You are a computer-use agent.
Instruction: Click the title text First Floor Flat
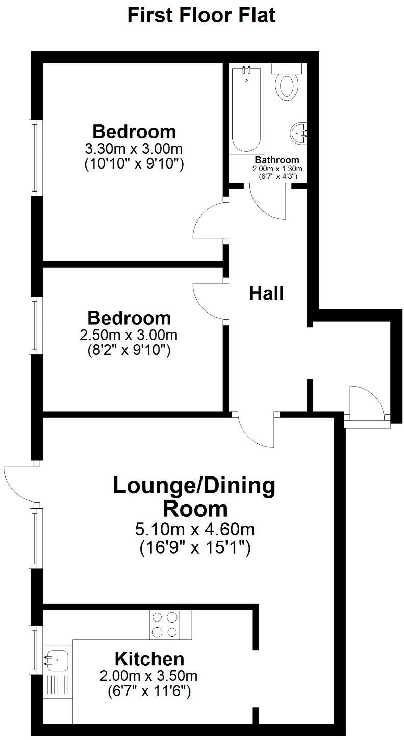click(201, 15)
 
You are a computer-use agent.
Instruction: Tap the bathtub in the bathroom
click(246, 109)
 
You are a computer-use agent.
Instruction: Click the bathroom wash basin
click(299, 134)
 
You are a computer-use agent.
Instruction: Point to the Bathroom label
click(277, 160)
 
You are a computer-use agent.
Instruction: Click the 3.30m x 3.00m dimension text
click(134, 149)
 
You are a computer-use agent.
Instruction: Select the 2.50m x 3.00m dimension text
click(129, 336)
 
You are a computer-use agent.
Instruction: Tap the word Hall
click(266, 294)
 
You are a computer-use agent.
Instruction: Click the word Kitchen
click(149, 658)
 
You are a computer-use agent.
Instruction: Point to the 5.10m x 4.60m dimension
click(195, 529)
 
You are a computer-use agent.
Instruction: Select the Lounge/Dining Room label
click(194, 497)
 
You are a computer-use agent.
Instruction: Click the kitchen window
click(34, 650)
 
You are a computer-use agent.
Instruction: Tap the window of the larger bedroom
click(34, 157)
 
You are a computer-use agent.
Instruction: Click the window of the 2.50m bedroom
click(34, 326)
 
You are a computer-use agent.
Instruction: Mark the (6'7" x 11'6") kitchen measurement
click(149, 692)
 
